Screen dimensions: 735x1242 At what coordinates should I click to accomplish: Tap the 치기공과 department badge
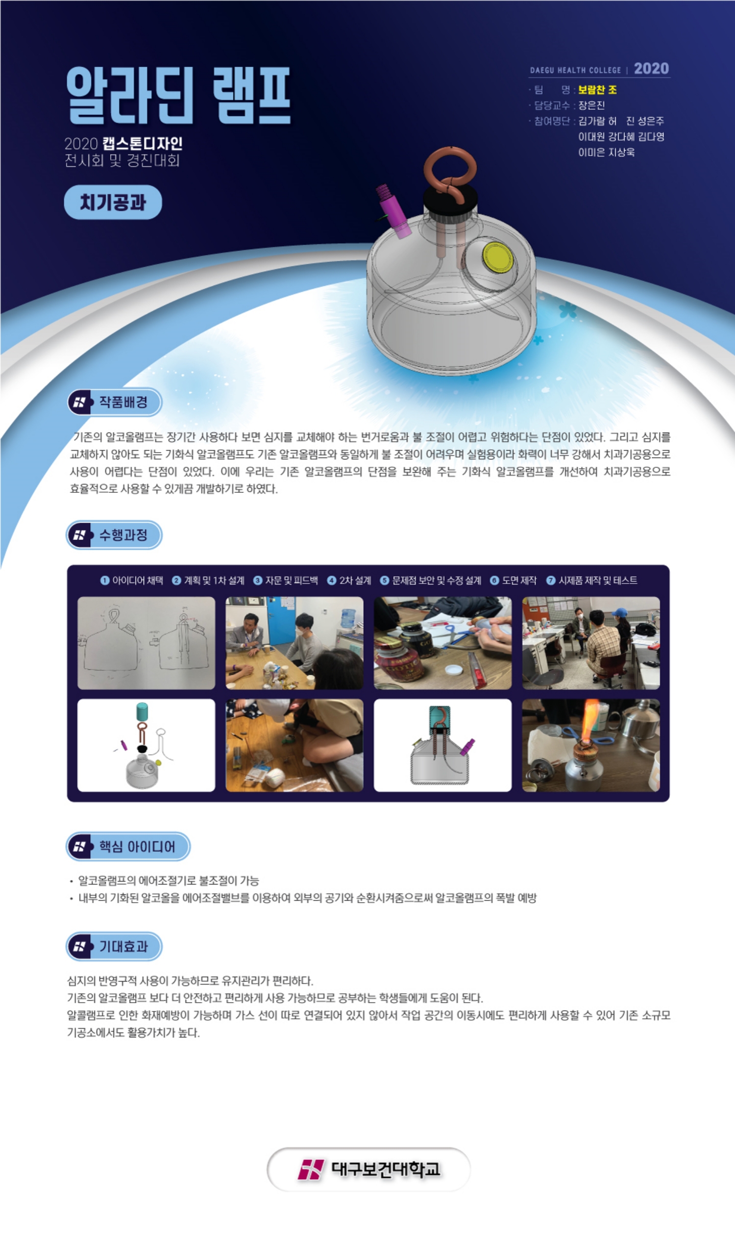[113, 202]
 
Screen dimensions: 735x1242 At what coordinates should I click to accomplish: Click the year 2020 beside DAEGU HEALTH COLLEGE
[651, 68]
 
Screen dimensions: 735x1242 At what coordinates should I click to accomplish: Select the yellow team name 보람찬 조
[597, 90]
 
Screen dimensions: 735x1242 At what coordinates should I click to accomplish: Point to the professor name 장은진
[591, 105]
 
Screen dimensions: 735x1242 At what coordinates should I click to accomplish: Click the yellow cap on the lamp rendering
[498, 257]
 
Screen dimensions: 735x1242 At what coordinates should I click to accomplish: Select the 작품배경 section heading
[123, 402]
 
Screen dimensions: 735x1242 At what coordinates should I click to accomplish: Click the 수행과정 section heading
[123, 535]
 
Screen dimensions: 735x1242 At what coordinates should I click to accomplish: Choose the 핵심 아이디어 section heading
[137, 846]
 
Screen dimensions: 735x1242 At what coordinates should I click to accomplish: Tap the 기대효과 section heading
[123, 947]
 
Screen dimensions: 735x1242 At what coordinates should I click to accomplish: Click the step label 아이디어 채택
[138, 581]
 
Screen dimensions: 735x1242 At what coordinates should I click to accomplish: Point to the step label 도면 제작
[519, 581]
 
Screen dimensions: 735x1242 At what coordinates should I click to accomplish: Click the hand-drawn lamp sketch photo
[146, 643]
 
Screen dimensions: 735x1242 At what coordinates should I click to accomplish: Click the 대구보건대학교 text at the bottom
[385, 1169]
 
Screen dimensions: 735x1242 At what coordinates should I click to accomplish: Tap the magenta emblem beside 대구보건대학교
[311, 1169]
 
